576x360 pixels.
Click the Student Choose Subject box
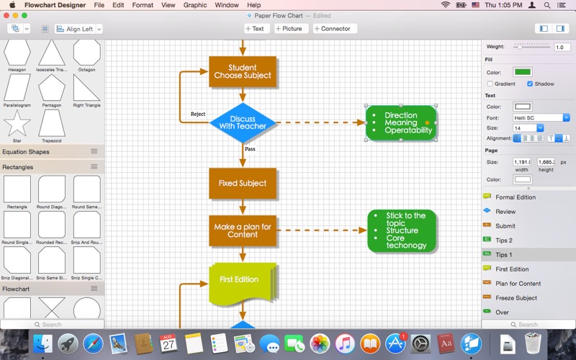243,71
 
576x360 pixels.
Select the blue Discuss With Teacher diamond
243,122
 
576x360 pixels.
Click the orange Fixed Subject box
243,183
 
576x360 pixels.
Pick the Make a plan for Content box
243,230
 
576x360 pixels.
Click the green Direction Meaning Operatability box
401,122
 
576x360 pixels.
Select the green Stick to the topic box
402,230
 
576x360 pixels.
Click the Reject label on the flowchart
198,114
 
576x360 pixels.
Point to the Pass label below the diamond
250,149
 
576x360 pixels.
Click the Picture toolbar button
289,29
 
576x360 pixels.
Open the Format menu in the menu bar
143,5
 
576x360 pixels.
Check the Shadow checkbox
531,84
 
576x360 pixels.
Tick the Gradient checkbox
490,84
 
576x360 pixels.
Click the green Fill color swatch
522,72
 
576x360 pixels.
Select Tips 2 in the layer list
504,240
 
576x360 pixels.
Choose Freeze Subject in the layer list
516,298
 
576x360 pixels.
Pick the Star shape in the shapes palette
17,125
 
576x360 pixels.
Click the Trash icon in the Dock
534,344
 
